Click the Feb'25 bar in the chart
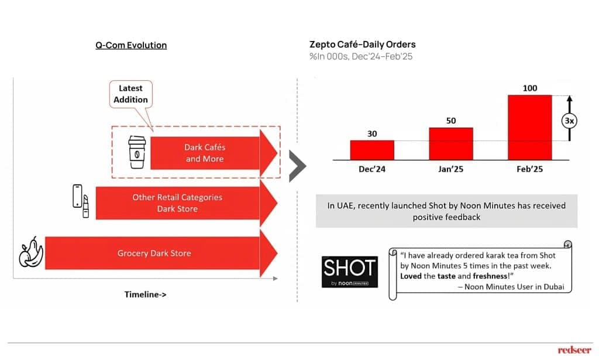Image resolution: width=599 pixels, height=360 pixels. pyautogui.click(x=529, y=127)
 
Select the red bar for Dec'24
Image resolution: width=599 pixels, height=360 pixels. pyautogui.click(x=372, y=150)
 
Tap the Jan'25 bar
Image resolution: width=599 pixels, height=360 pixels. pyautogui.click(x=451, y=143)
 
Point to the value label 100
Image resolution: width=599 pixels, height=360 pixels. pyautogui.click(x=529, y=88)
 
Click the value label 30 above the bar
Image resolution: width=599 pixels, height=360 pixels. pyautogui.click(x=372, y=133)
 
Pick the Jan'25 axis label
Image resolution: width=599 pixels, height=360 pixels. pyautogui.click(x=451, y=169)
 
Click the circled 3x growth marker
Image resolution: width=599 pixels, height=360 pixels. pyautogui.click(x=568, y=121)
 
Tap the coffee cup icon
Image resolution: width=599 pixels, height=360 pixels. pyautogui.click(x=137, y=152)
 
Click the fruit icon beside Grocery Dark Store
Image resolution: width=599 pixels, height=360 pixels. pyautogui.click(x=31, y=253)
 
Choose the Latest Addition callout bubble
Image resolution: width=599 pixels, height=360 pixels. pyautogui.click(x=131, y=94)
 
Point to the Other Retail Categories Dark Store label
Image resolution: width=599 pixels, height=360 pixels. pyautogui.click(x=177, y=203)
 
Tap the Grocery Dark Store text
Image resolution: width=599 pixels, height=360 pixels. pyautogui.click(x=154, y=253)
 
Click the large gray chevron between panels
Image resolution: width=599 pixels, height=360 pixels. pyautogui.click(x=297, y=166)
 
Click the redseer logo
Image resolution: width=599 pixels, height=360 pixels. pyautogui.click(x=574, y=350)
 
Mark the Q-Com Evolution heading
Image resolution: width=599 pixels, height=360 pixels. pyautogui.click(x=131, y=45)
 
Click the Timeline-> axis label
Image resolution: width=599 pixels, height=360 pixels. pyautogui.click(x=146, y=294)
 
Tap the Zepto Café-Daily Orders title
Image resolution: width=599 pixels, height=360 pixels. pyautogui.click(x=362, y=44)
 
